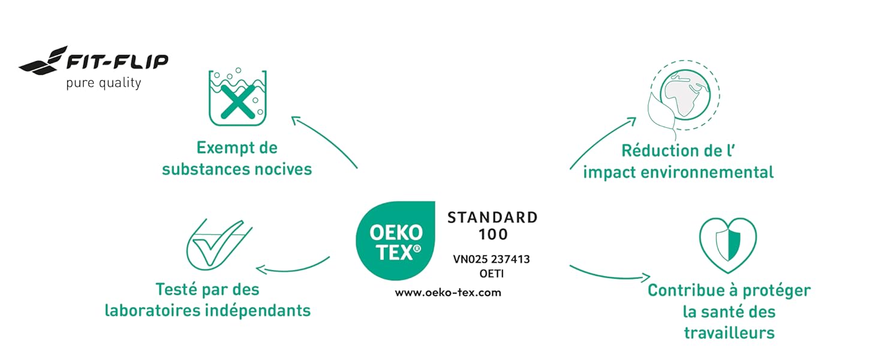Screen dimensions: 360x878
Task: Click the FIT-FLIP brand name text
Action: coord(116,61)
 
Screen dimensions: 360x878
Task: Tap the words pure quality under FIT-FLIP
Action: coord(103,82)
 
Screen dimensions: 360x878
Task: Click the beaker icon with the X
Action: coord(237,98)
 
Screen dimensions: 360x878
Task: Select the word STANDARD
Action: coord(492,217)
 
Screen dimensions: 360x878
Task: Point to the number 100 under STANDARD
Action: coord(492,234)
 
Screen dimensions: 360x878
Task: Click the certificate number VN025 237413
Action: coord(491,259)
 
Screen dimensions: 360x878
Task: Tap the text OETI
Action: coord(491,274)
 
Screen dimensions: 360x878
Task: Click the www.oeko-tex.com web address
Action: coord(447,293)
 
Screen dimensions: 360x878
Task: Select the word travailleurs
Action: coord(729,332)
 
